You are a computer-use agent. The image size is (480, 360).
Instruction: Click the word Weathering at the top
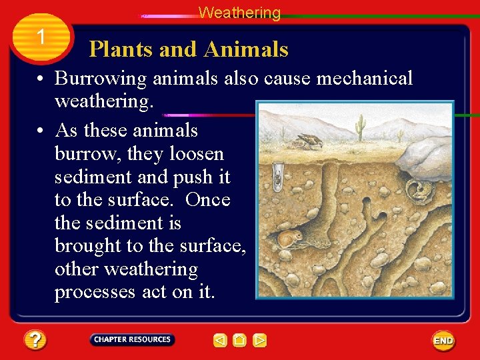pos(239,13)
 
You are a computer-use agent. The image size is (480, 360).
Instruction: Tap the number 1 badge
pos(41,37)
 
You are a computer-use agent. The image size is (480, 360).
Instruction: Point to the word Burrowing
pos(101,79)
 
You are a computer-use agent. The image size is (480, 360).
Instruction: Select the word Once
pos(207,200)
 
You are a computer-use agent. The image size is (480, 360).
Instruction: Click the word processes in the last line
pos(95,292)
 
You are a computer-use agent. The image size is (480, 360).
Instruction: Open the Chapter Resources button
pos(132,339)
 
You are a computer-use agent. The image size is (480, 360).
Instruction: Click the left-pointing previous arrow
pos(220,341)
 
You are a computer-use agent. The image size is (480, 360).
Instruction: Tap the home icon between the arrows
pos(240,341)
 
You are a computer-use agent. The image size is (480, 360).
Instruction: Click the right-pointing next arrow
pos(260,341)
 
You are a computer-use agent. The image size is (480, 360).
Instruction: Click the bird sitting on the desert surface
pos(309,141)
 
